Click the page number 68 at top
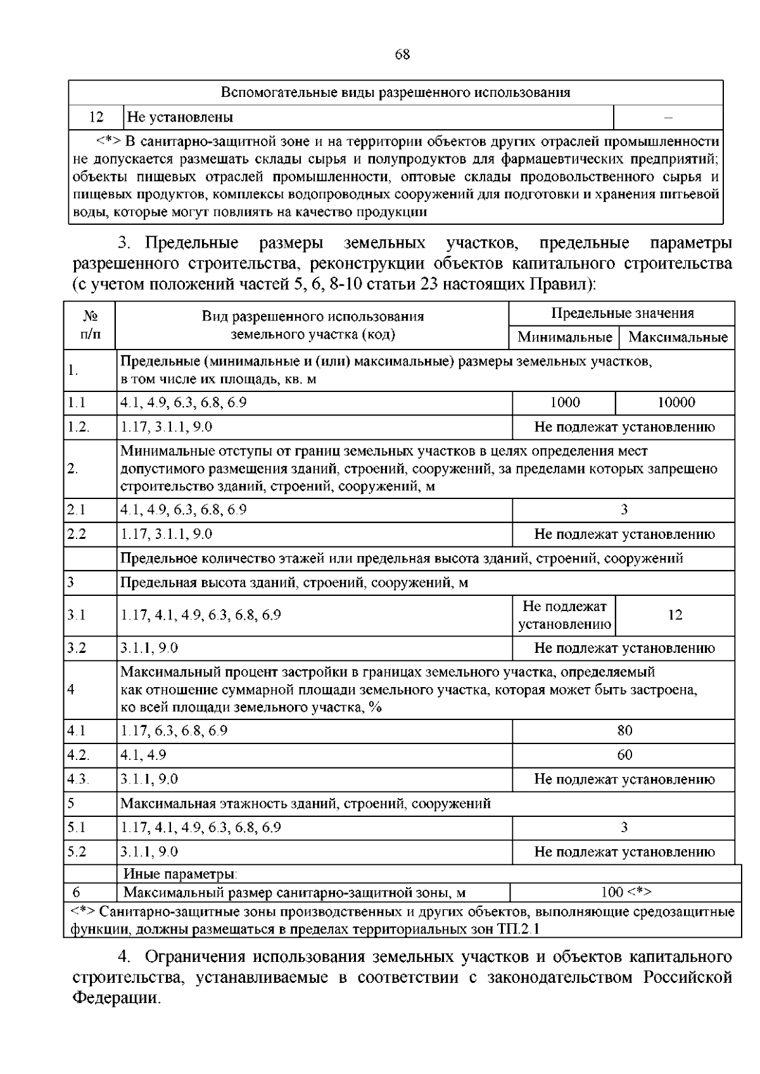(402, 55)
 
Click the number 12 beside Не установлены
(96, 117)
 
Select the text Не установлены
(180, 117)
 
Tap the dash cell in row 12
(668, 117)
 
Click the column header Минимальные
(564, 337)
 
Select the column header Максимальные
(678, 337)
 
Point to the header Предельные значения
(622, 313)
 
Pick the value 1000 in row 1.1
(564, 402)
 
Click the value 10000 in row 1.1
(676, 402)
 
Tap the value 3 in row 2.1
(624, 509)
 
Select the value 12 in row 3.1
(675, 615)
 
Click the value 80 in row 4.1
(624, 730)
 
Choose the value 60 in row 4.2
(624, 755)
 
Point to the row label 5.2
(77, 852)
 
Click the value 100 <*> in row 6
(626, 892)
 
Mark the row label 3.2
(77, 648)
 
